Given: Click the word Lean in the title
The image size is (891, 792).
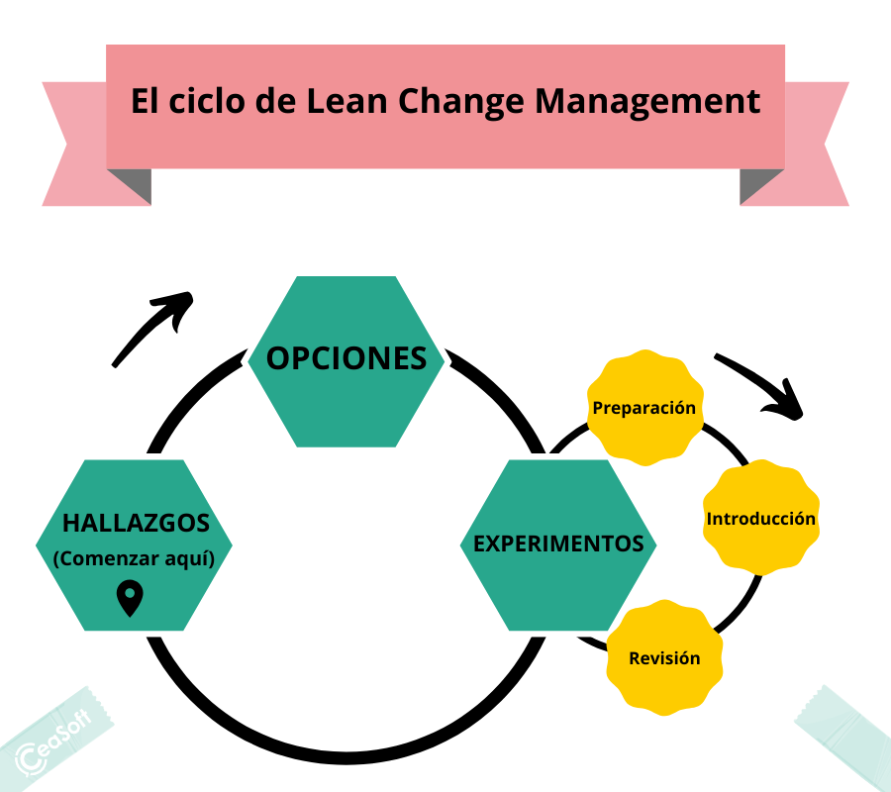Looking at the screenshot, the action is (x=346, y=101).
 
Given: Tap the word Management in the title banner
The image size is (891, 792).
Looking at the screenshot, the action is (x=647, y=103).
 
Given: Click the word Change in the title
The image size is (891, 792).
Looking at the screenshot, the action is (x=460, y=103).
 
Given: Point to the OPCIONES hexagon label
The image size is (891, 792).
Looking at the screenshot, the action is (x=346, y=358).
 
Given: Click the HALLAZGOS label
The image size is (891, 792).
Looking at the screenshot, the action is (x=136, y=524).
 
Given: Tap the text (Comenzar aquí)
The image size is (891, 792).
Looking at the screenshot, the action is (x=134, y=558).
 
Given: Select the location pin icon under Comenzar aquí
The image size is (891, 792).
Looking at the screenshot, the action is (x=130, y=598).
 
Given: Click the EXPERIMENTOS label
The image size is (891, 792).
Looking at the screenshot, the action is (x=558, y=544).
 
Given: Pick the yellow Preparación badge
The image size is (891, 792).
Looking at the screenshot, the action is (x=644, y=407).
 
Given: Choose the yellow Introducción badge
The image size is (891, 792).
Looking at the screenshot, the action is (x=761, y=518).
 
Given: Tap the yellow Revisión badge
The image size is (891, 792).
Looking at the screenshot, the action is (x=664, y=658).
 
